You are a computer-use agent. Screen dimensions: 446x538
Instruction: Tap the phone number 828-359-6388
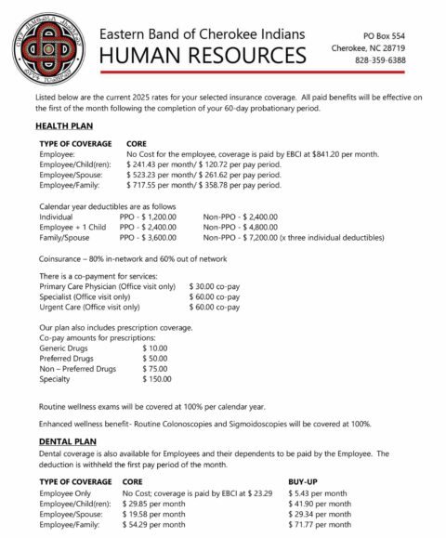(383, 60)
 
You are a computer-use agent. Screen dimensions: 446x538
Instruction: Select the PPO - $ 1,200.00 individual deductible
(154, 215)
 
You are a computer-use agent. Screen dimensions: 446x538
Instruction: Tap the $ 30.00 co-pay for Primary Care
(216, 286)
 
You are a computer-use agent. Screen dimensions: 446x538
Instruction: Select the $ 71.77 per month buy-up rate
(318, 524)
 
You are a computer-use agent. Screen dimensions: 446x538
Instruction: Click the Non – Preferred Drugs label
(78, 368)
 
